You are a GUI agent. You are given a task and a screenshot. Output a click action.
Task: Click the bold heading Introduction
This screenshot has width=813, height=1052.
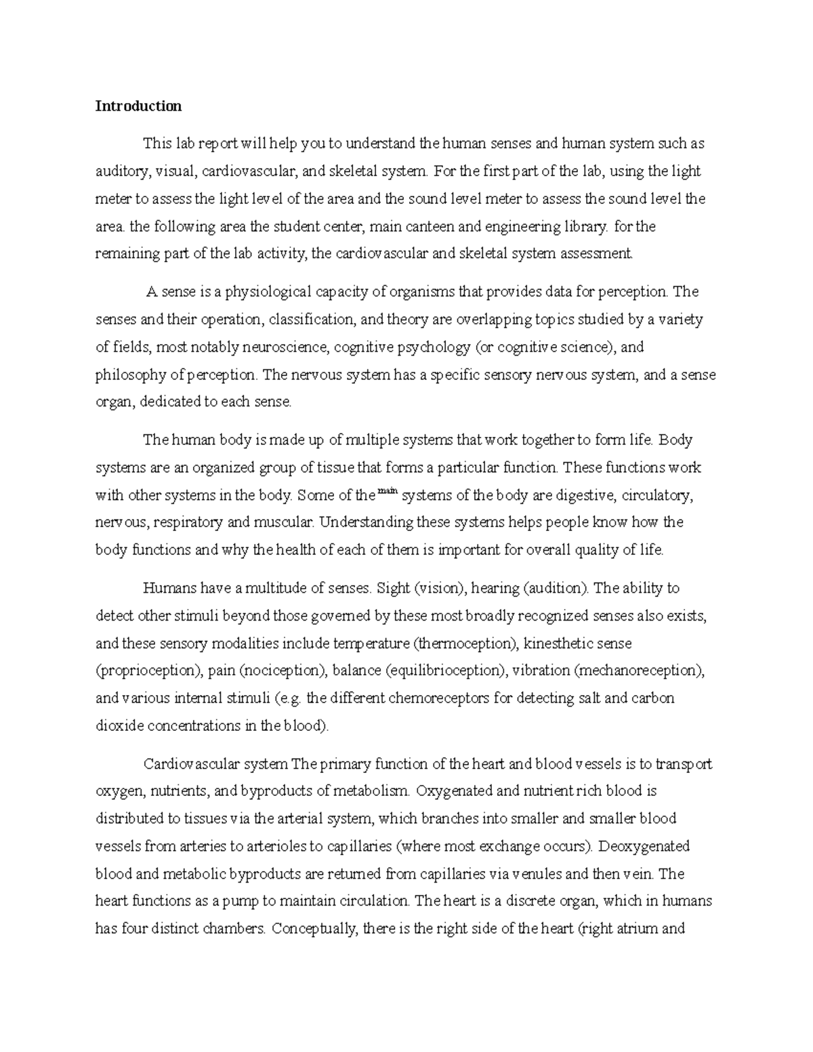tap(138, 106)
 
